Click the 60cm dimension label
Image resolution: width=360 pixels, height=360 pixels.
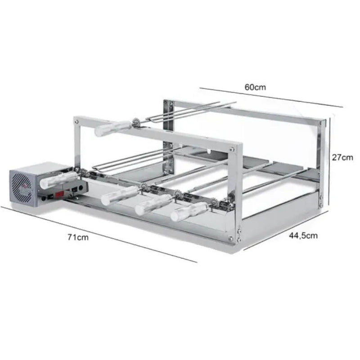pos(255,87)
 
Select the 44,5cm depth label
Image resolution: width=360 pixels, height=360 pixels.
pos(302,234)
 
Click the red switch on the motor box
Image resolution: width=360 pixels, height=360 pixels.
pos(59,194)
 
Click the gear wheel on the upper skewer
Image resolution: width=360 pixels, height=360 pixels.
pos(134,121)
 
